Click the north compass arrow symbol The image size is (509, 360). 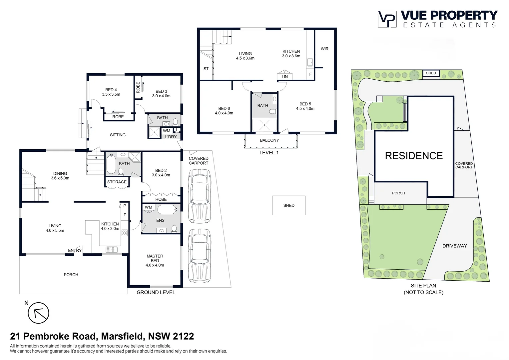(x=38, y=313)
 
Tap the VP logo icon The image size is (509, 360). (x=387, y=19)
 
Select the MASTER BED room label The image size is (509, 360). (x=155, y=258)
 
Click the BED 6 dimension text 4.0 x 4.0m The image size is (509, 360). (x=224, y=113)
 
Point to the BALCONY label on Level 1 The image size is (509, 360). (x=269, y=140)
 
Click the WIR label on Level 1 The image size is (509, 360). (x=324, y=49)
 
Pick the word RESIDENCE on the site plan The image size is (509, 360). (x=414, y=156)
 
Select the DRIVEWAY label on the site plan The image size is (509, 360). (x=454, y=246)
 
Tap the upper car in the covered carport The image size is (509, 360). (x=199, y=196)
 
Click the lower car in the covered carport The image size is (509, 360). (x=199, y=255)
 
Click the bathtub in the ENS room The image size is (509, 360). (x=167, y=210)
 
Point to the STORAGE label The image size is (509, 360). (x=117, y=182)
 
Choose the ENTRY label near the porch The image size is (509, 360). (x=75, y=250)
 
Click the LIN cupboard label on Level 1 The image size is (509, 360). (x=284, y=77)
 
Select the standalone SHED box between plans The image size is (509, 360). (x=289, y=205)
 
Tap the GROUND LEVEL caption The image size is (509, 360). (x=156, y=292)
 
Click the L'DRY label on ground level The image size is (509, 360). (x=171, y=137)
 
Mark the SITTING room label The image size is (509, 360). (x=118, y=135)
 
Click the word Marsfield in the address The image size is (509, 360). (x=122, y=336)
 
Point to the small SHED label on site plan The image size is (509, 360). (x=431, y=73)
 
